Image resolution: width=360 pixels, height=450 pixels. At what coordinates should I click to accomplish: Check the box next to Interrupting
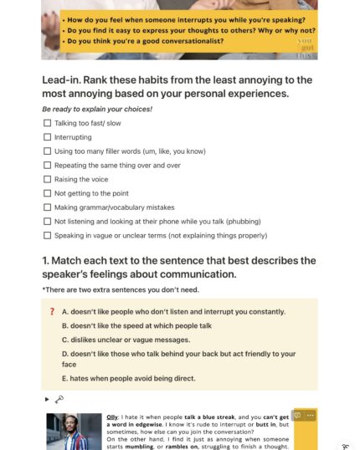[x=47, y=137]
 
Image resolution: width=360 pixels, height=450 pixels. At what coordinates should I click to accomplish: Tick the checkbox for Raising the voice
[x=47, y=179]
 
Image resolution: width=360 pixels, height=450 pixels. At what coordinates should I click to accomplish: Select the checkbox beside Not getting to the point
[x=47, y=193]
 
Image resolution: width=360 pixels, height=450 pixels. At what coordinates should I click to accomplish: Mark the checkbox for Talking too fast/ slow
[x=47, y=123]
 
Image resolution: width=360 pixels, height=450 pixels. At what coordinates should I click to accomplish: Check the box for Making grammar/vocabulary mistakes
[x=47, y=207]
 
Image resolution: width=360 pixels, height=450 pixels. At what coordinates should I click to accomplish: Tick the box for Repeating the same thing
[x=47, y=165]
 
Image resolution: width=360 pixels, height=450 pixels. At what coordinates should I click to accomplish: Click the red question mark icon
[x=52, y=311]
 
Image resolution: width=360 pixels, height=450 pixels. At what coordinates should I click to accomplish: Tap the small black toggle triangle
[x=47, y=399]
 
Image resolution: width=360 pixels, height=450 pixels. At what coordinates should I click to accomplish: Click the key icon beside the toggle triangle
[x=59, y=399]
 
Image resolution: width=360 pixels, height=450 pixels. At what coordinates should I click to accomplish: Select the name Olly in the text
[x=112, y=416]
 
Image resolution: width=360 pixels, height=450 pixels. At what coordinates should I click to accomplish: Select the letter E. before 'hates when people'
[x=65, y=378]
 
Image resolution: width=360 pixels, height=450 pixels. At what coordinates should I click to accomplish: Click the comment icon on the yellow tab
[x=297, y=415]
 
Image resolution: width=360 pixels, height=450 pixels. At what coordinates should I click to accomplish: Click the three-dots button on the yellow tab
[x=311, y=415]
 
